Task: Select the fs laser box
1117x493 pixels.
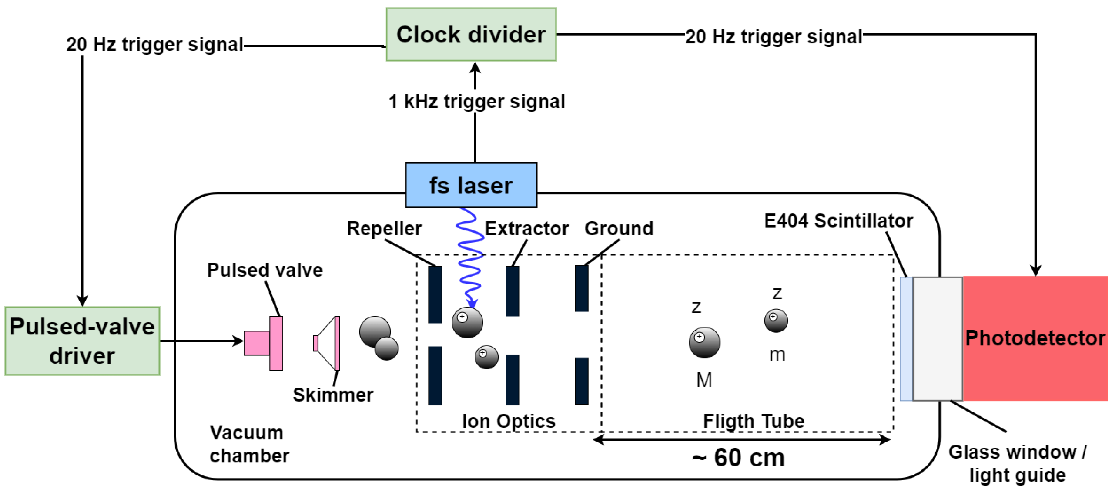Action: point(471,185)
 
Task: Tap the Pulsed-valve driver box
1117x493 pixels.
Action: point(82,341)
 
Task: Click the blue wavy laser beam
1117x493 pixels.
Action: point(470,256)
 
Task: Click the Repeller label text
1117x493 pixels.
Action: point(384,228)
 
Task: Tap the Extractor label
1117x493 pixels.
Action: point(527,228)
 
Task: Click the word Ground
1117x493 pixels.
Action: point(619,228)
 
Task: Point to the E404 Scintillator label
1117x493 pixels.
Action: point(838,221)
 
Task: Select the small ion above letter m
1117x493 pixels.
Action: point(776,321)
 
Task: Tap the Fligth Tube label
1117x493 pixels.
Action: point(754,421)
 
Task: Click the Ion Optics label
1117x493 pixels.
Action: point(509,421)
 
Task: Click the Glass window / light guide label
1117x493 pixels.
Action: point(1017,464)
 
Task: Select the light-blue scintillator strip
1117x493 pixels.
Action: point(906,338)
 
